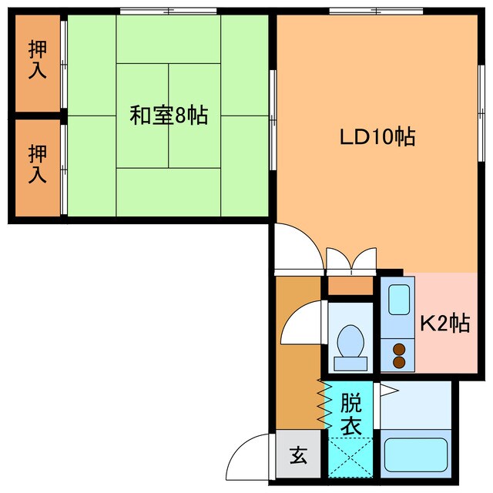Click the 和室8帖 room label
pyautogui.click(x=168, y=116)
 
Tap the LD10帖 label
pyautogui.click(x=378, y=137)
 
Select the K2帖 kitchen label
pyautogui.click(x=444, y=324)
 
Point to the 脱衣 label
pyautogui.click(x=350, y=414)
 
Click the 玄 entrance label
pyautogui.click(x=297, y=455)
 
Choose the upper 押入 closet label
pyautogui.click(x=37, y=61)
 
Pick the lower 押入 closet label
pyautogui.click(x=37, y=163)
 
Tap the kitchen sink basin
pyautogui.click(x=398, y=300)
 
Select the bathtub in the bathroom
pyautogui.click(x=416, y=458)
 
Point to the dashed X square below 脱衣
pyautogui.click(x=350, y=457)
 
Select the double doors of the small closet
pyautogui.click(x=350, y=260)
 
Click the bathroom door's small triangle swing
pyautogui.click(x=388, y=391)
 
